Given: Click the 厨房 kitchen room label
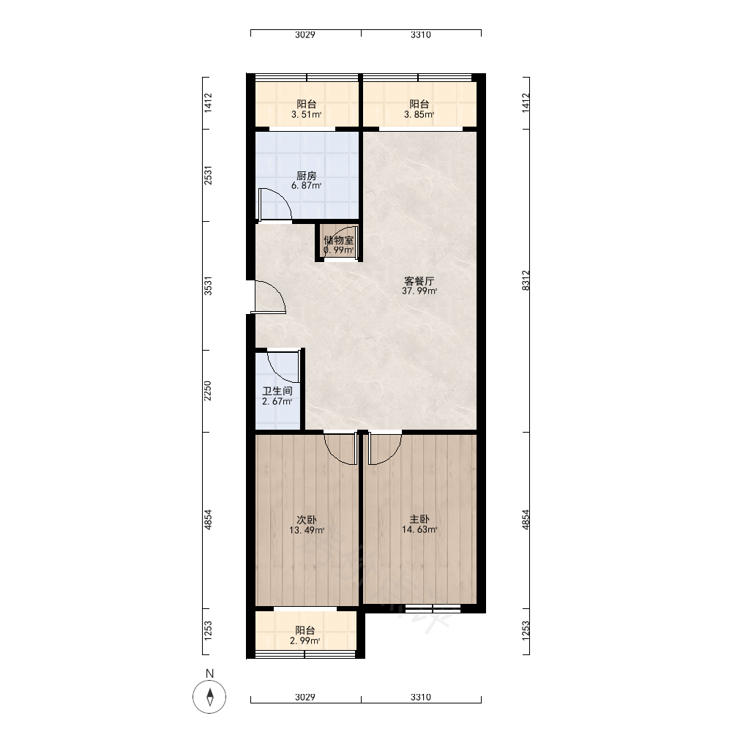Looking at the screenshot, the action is click(306, 176).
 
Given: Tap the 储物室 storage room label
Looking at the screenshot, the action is click(339, 240).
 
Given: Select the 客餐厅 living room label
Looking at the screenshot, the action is click(419, 281).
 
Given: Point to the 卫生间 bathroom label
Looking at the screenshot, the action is click(277, 391).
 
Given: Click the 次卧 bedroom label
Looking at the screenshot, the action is click(307, 520).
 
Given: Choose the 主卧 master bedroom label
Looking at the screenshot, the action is click(419, 519).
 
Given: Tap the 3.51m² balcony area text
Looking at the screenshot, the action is click(306, 114).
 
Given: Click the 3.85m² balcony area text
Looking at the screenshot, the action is click(419, 114).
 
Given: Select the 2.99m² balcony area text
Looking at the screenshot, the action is click(305, 641).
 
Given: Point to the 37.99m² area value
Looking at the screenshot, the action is click(419, 291).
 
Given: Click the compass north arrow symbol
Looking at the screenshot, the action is click(209, 698).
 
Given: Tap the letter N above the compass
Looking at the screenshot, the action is click(209, 673).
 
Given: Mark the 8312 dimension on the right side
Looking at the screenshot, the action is click(526, 280).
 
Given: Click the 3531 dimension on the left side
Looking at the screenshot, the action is click(208, 285).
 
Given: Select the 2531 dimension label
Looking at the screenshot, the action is click(208, 175).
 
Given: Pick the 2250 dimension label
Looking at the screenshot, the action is click(208, 391).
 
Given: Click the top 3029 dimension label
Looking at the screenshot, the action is click(305, 34).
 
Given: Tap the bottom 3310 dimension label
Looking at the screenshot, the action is click(421, 697).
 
